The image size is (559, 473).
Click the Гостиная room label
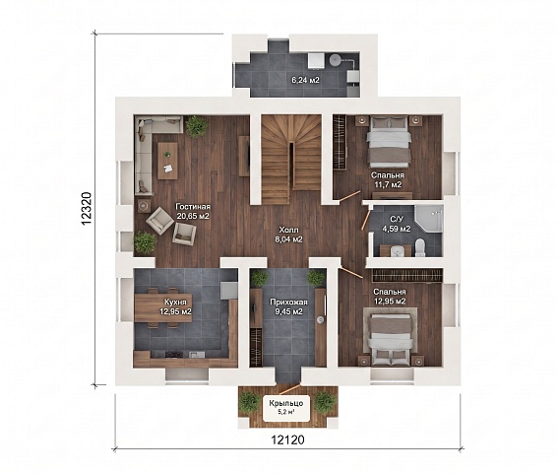pyautogui.click(x=193, y=207)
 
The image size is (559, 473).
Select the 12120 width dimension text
pyautogui.click(x=287, y=439)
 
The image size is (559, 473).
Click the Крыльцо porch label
pyautogui.click(x=286, y=403)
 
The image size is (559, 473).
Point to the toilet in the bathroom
pyautogui.click(x=420, y=247)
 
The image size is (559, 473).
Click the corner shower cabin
pyautogui.click(x=429, y=218)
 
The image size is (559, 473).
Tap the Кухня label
pyautogui.click(x=175, y=302)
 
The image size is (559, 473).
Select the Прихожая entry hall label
pyautogui.click(x=288, y=302)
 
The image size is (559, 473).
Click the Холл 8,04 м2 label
pyautogui.click(x=288, y=235)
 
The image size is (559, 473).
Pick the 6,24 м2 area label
pyautogui.click(x=305, y=80)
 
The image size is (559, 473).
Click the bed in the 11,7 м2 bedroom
pyautogui.click(x=389, y=141)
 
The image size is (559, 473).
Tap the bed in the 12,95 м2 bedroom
pyautogui.click(x=390, y=340)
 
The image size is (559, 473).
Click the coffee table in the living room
pyautogui.click(x=167, y=161)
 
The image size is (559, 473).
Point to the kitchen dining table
pyautogui.click(x=163, y=308)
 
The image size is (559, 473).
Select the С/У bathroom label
pyautogui.click(x=397, y=220)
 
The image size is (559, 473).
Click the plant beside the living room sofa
pyautogui.click(x=197, y=126)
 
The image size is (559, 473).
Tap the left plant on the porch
pyautogui.click(x=249, y=402)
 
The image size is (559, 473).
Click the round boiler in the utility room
pyautogui.click(x=336, y=60)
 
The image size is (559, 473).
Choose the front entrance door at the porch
pyautogui.click(x=288, y=389)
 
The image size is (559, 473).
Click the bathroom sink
pyautogui.click(x=396, y=251)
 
